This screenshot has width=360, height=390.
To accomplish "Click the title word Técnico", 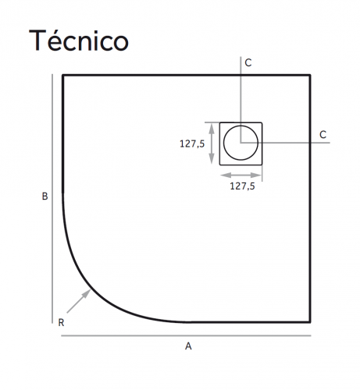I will [x=78, y=41].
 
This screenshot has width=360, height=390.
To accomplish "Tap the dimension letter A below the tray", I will [x=187, y=346].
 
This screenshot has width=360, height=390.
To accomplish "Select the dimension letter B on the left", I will [x=45, y=197].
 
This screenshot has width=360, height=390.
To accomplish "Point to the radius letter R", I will [x=60, y=320].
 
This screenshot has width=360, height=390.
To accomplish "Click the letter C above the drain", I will [x=248, y=62].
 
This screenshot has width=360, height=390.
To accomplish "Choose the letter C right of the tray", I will [x=323, y=134].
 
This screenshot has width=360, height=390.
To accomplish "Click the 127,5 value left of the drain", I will [x=191, y=144].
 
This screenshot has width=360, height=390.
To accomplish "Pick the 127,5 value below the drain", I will [x=241, y=186].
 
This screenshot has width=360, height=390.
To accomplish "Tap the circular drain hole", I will [x=241, y=144].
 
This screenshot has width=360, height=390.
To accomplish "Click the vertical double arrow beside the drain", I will [x=211, y=144].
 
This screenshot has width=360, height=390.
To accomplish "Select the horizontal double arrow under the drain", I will [x=241, y=173].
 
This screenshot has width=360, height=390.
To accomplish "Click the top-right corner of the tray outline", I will [x=311, y=75].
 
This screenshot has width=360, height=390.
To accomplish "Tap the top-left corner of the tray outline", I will [x=62, y=75].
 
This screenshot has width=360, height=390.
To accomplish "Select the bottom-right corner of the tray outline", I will [x=311, y=321].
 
